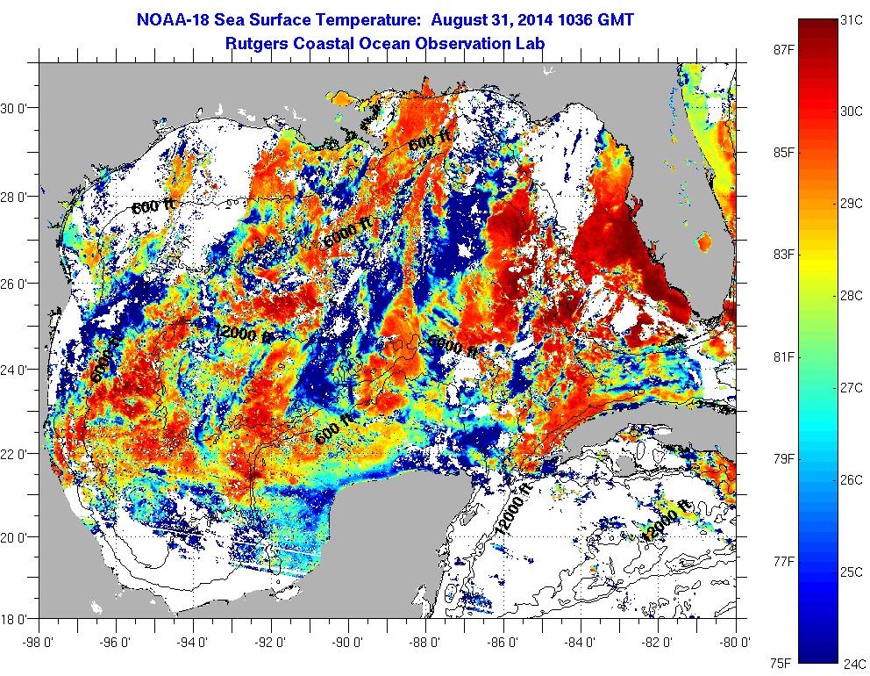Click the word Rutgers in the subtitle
click(x=256, y=42)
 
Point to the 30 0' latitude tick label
click(x=16, y=109)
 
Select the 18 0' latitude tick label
click(x=16, y=619)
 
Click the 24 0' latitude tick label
click(x=16, y=370)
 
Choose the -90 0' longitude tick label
click(x=350, y=642)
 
